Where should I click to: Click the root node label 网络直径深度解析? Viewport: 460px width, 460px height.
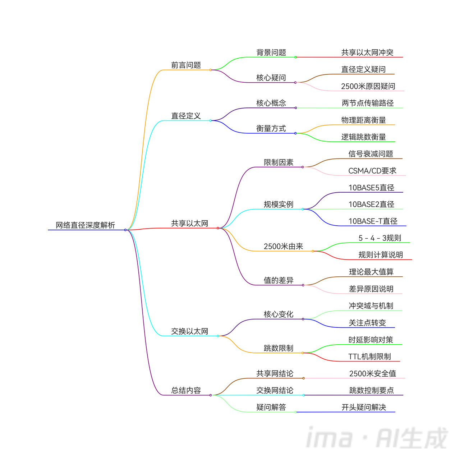[85, 225]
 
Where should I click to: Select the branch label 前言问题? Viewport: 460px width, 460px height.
[186, 65]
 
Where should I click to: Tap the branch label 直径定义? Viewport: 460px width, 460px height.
[186, 116]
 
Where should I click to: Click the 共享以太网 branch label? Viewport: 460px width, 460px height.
[189, 224]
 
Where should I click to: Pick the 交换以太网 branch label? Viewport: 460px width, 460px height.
[189, 331]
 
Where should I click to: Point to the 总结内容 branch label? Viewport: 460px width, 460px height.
[186, 391]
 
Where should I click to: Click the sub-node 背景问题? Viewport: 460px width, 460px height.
[271, 52]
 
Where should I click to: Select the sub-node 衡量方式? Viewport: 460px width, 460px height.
[271, 129]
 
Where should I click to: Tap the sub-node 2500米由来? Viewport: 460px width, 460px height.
[283, 247]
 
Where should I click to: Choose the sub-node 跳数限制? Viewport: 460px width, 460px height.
[279, 348]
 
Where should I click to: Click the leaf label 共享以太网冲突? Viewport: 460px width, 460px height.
[367, 52]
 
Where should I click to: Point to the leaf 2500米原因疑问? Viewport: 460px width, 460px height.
[368, 86]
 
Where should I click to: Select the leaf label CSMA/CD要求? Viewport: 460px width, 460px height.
[372, 171]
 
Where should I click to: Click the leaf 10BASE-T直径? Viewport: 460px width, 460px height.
[373, 221]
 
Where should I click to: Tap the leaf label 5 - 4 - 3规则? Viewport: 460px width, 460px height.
[379, 238]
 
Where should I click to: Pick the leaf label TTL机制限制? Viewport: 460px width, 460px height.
[369, 356]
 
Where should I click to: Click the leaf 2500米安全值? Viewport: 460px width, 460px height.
[372, 374]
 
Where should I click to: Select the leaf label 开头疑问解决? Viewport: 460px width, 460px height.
[364, 408]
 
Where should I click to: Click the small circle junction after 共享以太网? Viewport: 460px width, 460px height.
[218, 228]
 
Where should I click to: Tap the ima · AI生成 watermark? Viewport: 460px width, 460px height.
[377, 438]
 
